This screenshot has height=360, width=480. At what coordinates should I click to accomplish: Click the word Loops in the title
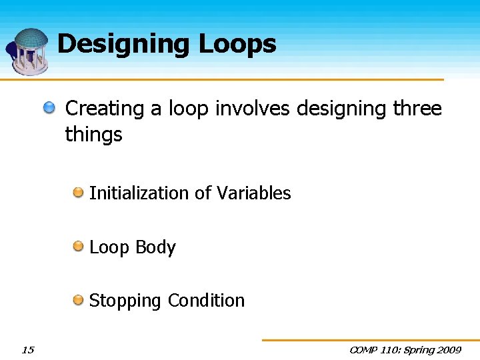pos(237,44)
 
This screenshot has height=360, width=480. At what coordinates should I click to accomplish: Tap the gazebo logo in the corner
pos(28,51)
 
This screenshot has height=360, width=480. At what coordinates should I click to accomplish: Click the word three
pos(417,109)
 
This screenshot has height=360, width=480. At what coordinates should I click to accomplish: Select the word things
pos(93,135)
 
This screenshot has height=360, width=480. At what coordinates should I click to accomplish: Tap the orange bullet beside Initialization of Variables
pos(79,193)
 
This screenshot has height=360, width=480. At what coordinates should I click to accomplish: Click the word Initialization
pos(139,193)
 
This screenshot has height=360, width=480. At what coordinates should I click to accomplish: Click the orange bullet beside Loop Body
pos(79,247)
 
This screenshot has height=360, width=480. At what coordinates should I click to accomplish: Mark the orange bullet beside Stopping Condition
pos(79,300)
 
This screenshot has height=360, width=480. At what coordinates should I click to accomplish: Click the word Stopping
pos(125,301)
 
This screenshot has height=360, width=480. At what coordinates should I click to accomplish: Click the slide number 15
pos(27,349)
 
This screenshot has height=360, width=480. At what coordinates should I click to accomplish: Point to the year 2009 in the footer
pos(448,350)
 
